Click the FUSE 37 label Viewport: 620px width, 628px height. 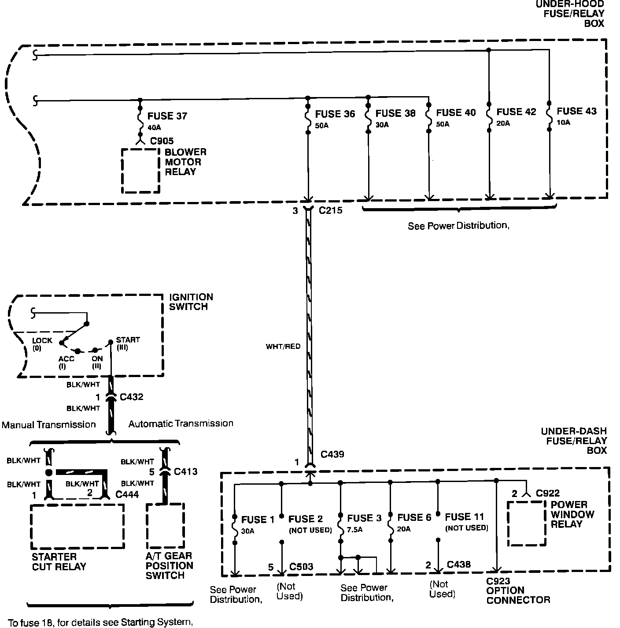(167, 116)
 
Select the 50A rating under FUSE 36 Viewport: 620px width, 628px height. (322, 126)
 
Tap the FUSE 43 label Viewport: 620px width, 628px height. (576, 111)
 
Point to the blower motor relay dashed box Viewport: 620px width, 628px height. (140, 170)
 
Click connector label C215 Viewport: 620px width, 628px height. (330, 211)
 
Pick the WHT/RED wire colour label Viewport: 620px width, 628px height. (283, 347)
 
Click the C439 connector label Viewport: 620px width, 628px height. (332, 454)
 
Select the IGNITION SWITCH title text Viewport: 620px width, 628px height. (191, 302)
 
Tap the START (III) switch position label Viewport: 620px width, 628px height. (128, 343)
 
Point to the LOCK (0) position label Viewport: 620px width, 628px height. (42, 344)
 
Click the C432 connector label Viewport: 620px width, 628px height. (132, 397)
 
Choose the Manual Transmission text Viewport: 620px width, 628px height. (49, 425)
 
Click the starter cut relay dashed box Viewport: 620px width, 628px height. (77, 526)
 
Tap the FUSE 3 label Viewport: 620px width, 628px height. (364, 518)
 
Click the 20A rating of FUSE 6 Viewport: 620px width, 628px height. (403, 529)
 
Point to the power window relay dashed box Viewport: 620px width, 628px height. (527, 523)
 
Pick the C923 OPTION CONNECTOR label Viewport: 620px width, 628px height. (518, 591)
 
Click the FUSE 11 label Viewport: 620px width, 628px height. (464, 517)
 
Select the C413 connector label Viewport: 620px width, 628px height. (185, 472)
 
